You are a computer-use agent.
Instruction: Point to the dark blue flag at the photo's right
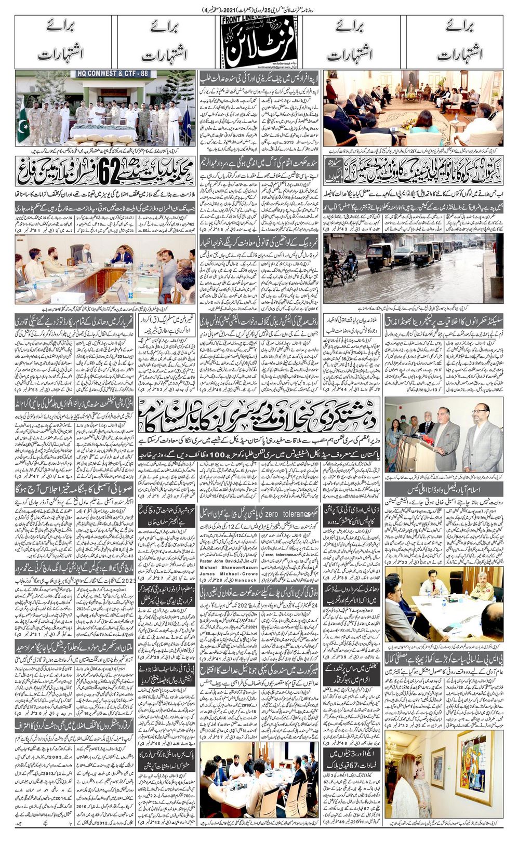click(185, 125)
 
